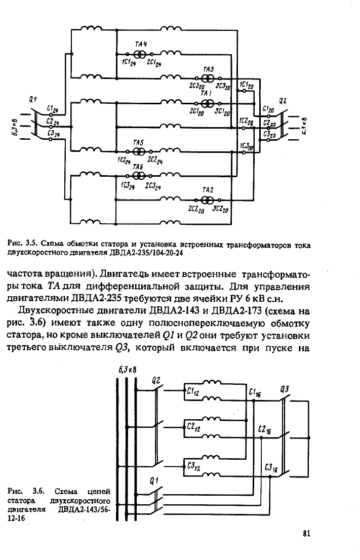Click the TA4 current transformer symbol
coord(140,54)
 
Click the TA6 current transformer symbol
coord(138,176)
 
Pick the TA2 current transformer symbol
coord(208,199)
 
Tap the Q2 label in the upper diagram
coord(283,101)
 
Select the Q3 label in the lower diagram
coord(285,389)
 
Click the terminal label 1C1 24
coord(129,63)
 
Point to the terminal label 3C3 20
coord(223,86)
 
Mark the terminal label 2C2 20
coord(196,210)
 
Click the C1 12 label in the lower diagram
coord(193,392)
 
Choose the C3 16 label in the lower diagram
coord(271,468)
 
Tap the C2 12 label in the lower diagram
coord(193,427)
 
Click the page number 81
coord(306,534)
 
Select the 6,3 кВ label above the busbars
coord(128,370)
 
